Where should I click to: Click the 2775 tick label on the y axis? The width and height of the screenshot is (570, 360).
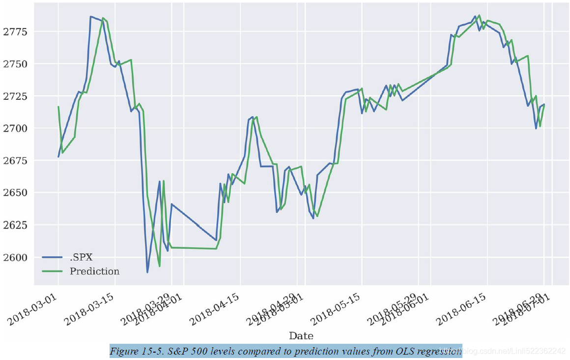pyautogui.click(x=15, y=32)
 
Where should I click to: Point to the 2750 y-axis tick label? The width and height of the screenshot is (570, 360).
pyautogui.click(x=15, y=64)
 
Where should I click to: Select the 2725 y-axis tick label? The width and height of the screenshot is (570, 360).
pyautogui.click(x=15, y=96)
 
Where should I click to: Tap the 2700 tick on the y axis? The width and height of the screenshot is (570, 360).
pyautogui.click(x=15, y=129)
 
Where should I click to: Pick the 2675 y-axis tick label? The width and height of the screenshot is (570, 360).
pyautogui.click(x=15, y=161)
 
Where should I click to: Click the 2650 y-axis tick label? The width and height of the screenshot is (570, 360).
pyautogui.click(x=15, y=193)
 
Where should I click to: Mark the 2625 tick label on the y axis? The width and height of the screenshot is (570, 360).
pyautogui.click(x=15, y=225)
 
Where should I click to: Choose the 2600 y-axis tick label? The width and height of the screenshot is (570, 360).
pyautogui.click(x=15, y=257)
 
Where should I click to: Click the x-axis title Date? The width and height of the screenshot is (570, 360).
pyautogui.click(x=301, y=336)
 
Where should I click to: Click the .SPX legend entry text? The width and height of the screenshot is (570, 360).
pyautogui.click(x=81, y=257)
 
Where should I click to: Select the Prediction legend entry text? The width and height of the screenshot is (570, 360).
pyautogui.click(x=94, y=271)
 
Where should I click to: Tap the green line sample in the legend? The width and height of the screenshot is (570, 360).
pyautogui.click(x=53, y=271)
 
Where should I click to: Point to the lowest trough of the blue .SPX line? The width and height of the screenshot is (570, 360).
pyautogui.click(x=147, y=272)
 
